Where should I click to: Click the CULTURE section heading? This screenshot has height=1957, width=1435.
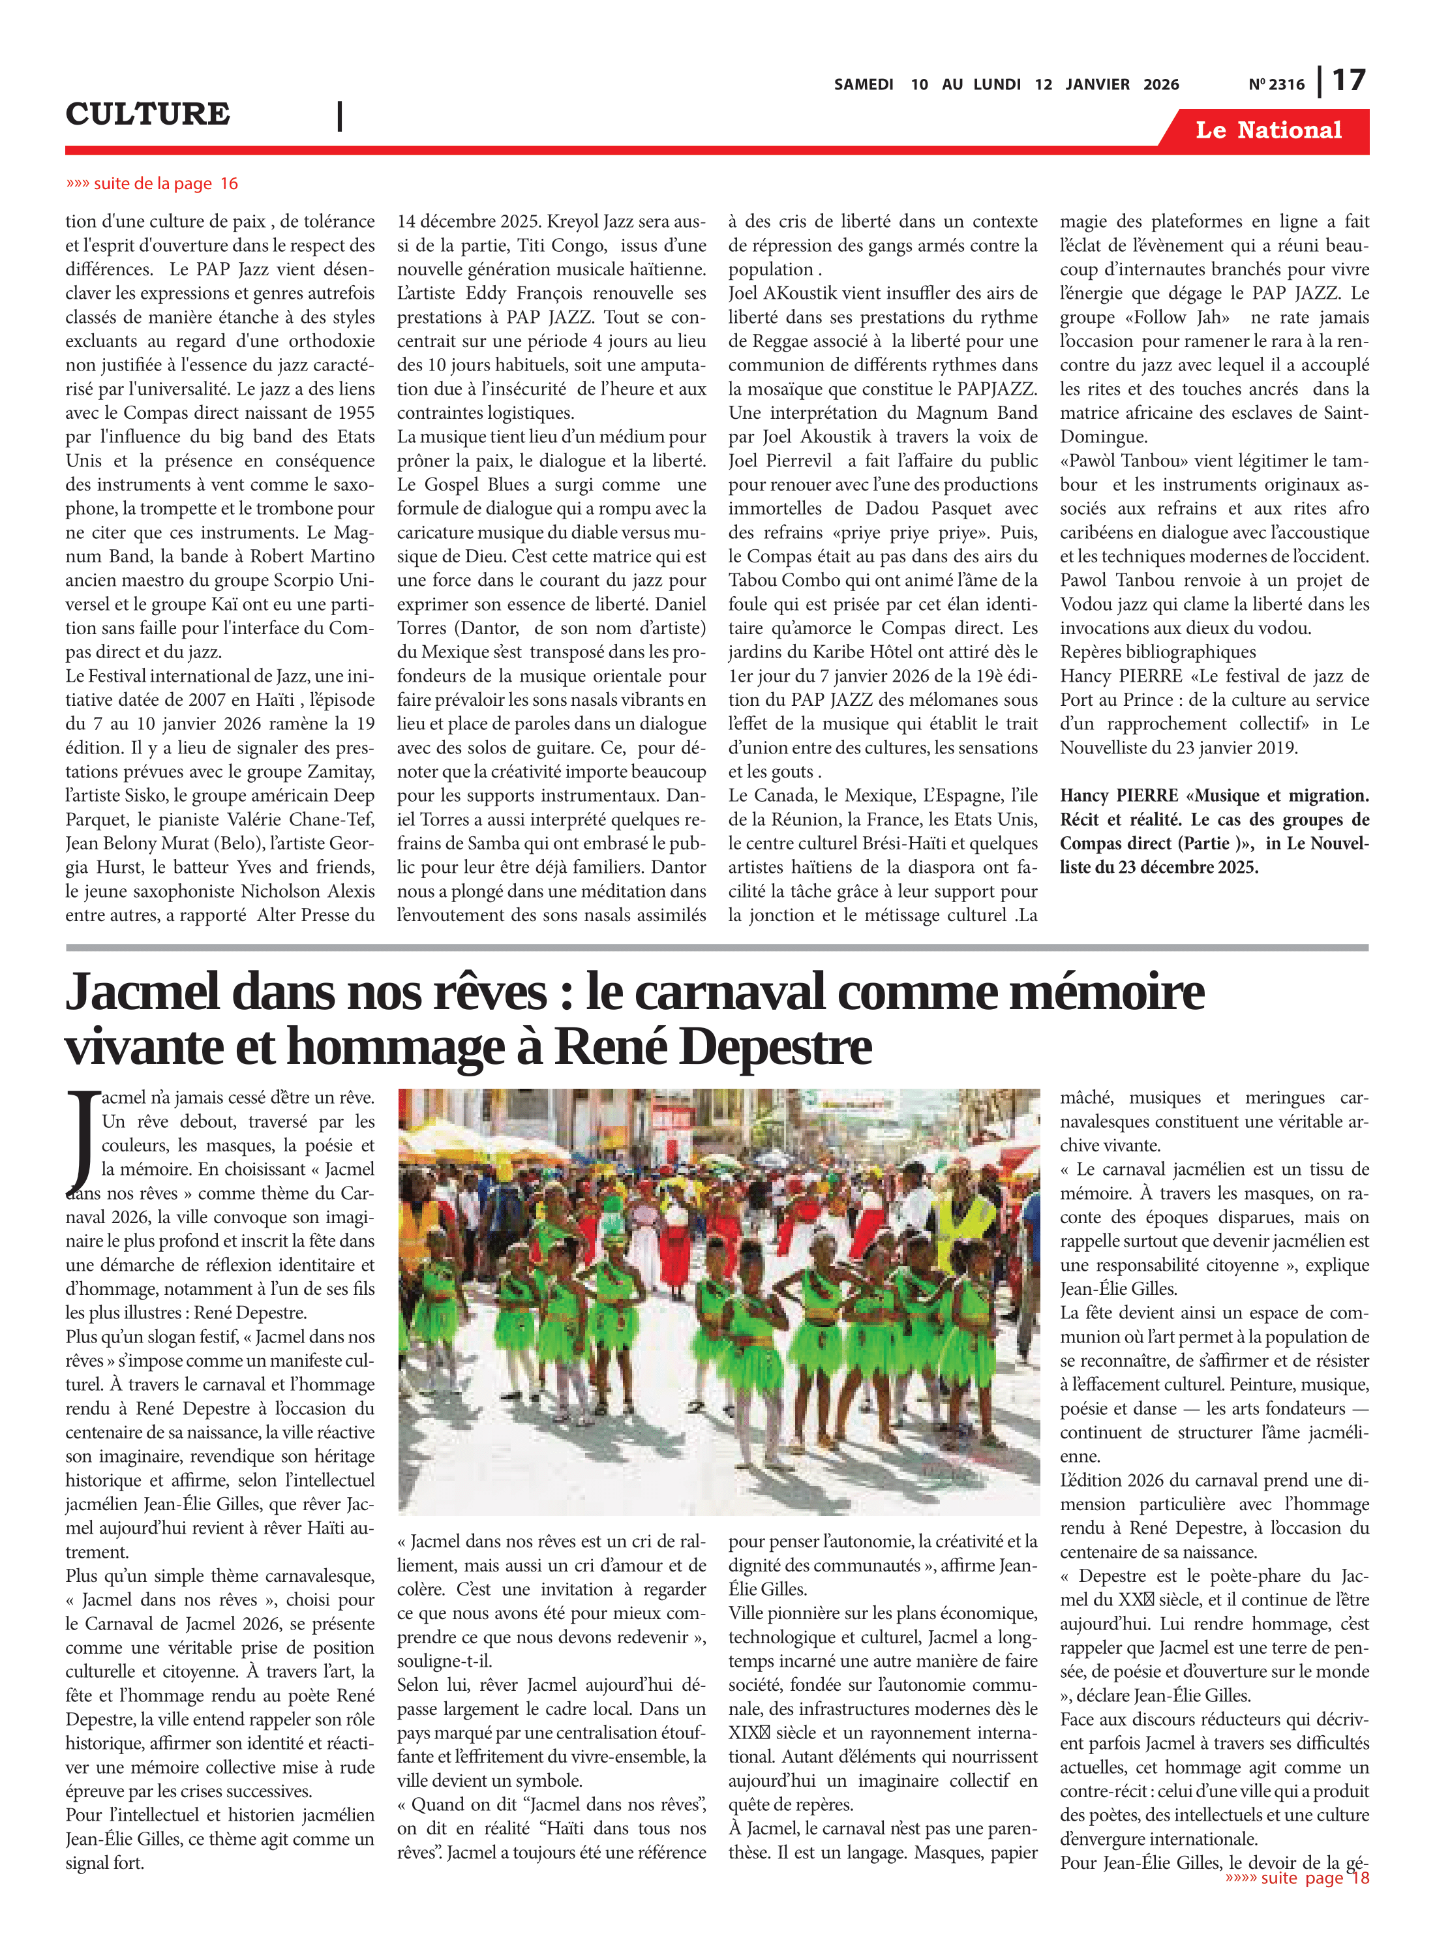point(147,114)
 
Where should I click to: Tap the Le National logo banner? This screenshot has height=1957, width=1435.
point(1267,130)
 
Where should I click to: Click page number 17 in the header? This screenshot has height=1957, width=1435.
point(1348,81)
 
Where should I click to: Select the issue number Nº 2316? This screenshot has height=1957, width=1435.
point(1276,84)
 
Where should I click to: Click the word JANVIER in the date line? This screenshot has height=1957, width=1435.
point(1097,84)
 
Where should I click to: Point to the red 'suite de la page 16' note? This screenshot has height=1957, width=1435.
point(152,183)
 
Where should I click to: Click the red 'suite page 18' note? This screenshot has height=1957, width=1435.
point(1297,1878)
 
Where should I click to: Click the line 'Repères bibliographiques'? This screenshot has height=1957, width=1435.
point(1158,652)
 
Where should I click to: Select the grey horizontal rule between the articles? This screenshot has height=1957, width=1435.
point(717,948)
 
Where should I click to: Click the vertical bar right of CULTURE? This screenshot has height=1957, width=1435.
point(340,115)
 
